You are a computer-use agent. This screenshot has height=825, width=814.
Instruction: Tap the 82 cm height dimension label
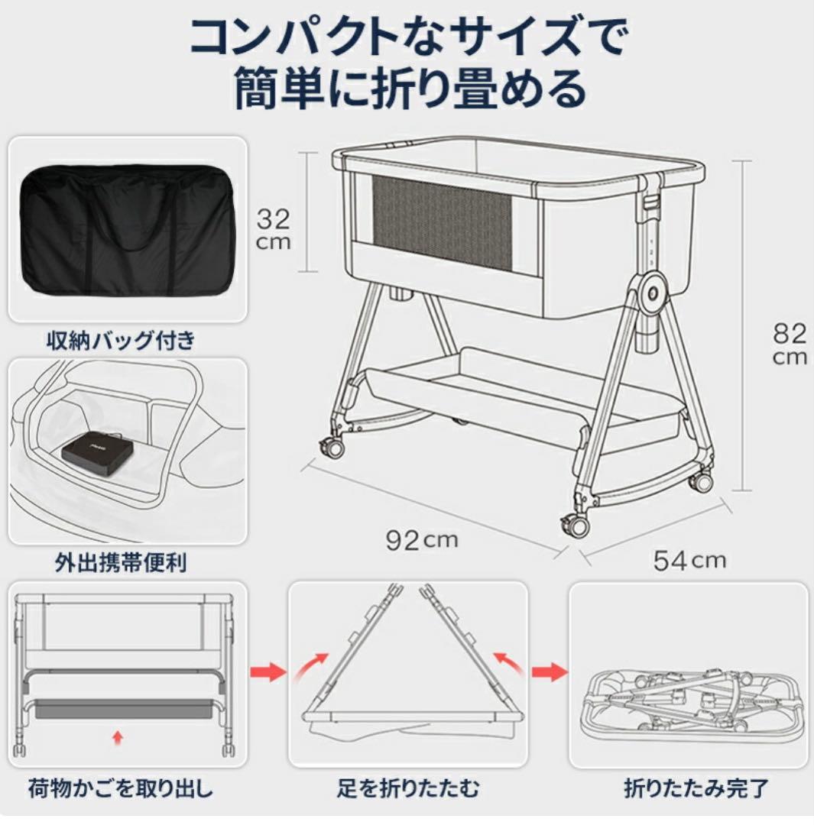tap(790, 343)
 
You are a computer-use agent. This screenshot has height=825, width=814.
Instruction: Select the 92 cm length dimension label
tap(421, 540)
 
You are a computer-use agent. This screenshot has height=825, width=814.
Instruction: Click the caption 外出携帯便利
tap(121, 564)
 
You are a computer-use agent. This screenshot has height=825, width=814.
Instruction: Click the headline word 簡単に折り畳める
tap(408, 88)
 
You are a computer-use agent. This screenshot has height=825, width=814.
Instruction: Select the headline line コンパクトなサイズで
tap(408, 34)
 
